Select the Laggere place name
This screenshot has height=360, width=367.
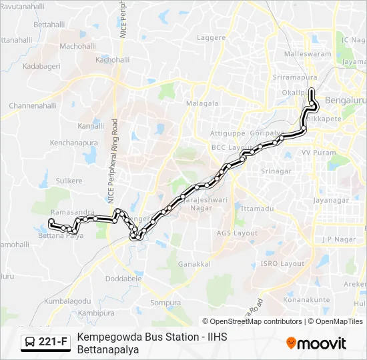pyautogui.click(x=212, y=38)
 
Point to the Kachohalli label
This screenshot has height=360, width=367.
pyautogui.click(x=112, y=59)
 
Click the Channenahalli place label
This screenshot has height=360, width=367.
pyautogui.click(x=33, y=105)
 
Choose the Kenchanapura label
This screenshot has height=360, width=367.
pyautogui.click(x=73, y=143)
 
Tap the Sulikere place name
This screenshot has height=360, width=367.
pyautogui.click(x=69, y=181)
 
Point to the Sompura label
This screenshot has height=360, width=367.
pyautogui.click(x=165, y=303)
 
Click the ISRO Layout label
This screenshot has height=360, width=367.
pyautogui.click(x=282, y=263)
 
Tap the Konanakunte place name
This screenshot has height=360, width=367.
pyautogui.click(x=306, y=300)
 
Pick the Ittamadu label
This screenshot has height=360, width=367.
pyautogui.click(x=257, y=209)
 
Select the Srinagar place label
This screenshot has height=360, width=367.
pyautogui.click(x=276, y=171)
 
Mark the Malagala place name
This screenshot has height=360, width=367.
pyautogui.click(x=202, y=103)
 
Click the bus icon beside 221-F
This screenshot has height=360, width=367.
pyautogui.click(x=31, y=342)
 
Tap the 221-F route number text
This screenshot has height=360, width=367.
pyautogui.click(x=53, y=342)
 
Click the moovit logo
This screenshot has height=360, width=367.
pyautogui.click(x=316, y=343)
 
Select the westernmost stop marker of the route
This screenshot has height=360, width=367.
pyautogui.click(x=51, y=221)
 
